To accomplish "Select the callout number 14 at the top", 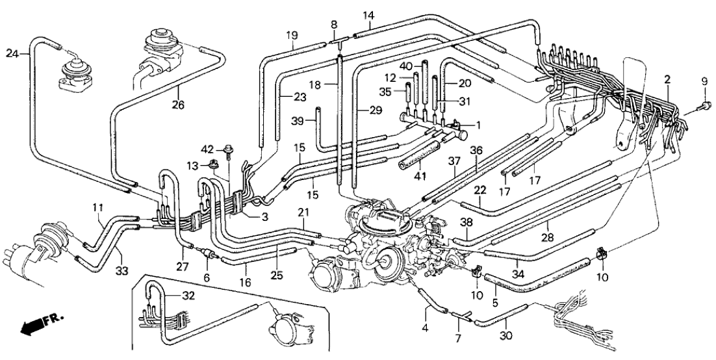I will tap(368, 15).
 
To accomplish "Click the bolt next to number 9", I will tap(702, 105).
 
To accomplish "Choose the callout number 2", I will tap(667, 79).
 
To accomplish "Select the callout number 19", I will tap(292, 34).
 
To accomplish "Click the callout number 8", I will tap(334, 24).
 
